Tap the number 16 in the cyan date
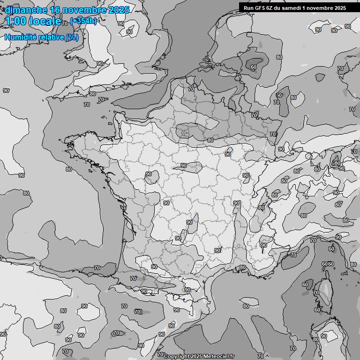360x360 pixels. (x=55, y=10)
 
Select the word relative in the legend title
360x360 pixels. (x=50, y=37)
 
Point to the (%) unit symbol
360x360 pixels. (x=72, y=37)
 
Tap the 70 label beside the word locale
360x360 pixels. (x=65, y=23)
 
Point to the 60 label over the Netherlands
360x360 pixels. (x=254, y=67)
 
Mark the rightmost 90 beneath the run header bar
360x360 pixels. (x=348, y=27)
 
